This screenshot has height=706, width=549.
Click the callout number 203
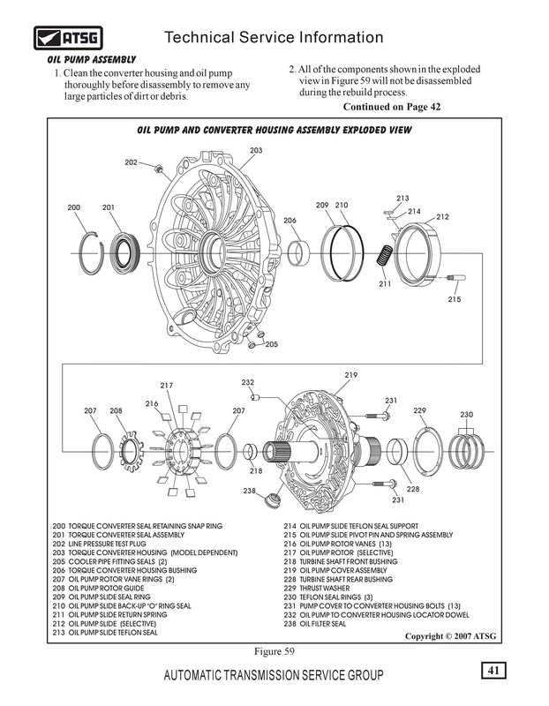coord(256,151)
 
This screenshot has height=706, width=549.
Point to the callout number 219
coord(350,377)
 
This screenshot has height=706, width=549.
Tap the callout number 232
coord(248,383)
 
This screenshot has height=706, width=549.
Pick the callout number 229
coord(419,411)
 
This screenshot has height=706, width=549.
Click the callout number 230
coord(468,415)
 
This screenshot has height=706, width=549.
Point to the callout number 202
coord(131,163)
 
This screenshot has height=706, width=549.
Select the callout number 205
coord(271,344)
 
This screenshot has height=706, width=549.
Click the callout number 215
coord(455,299)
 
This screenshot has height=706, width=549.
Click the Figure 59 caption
coord(272,651)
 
